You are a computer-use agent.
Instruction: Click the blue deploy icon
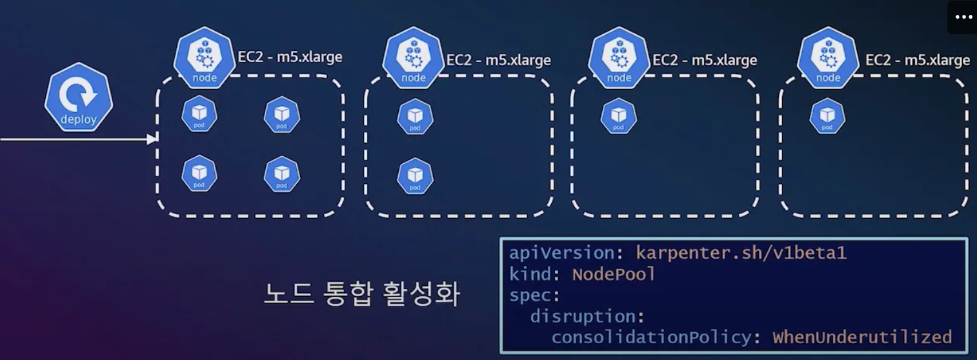point(79,97)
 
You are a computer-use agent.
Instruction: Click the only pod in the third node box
point(619,115)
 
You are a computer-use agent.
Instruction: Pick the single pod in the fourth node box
point(827,115)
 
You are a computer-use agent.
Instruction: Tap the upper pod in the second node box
point(415,117)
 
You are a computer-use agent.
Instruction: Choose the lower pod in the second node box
point(415,175)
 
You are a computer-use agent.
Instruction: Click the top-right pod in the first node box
point(282,114)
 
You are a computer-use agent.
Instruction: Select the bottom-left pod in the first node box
point(199,173)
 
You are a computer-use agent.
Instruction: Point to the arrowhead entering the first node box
point(152,139)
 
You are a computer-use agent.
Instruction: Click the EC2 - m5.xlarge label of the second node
point(498,60)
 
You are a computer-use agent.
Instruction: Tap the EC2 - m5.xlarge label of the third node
point(705,60)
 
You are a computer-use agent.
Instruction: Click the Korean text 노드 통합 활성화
point(361,295)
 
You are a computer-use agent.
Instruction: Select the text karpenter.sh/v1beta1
point(741,253)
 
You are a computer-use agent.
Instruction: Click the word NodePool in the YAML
point(614,274)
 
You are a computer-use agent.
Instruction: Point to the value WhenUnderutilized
point(862,337)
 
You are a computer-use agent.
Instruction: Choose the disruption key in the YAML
point(587,316)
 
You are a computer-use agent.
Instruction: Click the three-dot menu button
point(963,17)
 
